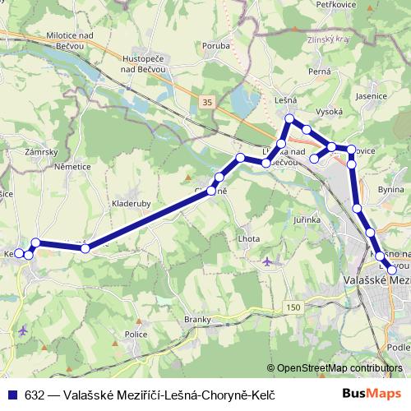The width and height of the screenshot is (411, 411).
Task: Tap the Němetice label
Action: point(71,166)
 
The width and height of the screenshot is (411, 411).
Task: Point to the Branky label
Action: point(198,319)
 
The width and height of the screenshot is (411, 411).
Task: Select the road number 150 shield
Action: point(293,307)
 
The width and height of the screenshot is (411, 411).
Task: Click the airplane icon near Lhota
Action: point(269,262)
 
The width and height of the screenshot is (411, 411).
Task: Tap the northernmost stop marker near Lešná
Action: point(289,120)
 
